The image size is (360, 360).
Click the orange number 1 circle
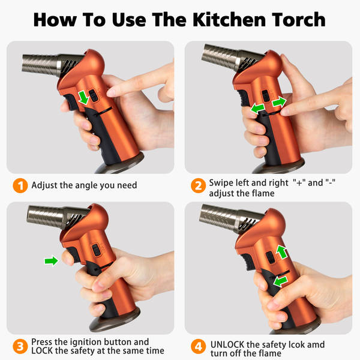click(20, 185)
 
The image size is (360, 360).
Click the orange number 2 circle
click(199, 185)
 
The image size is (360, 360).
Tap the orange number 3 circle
click(20, 346)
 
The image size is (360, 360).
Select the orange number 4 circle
click(199, 346)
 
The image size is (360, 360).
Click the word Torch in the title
click(299, 20)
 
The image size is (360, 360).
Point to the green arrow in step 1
click(83, 97)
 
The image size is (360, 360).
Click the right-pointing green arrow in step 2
click(279, 102)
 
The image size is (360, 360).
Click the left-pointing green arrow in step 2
click(257, 108)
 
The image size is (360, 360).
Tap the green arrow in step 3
click(52, 260)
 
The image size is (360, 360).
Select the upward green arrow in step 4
click(281, 251)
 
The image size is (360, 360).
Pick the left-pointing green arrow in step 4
click(280, 281)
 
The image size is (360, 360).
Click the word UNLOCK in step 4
click(227, 344)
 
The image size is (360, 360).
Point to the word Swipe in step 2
click(221, 183)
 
